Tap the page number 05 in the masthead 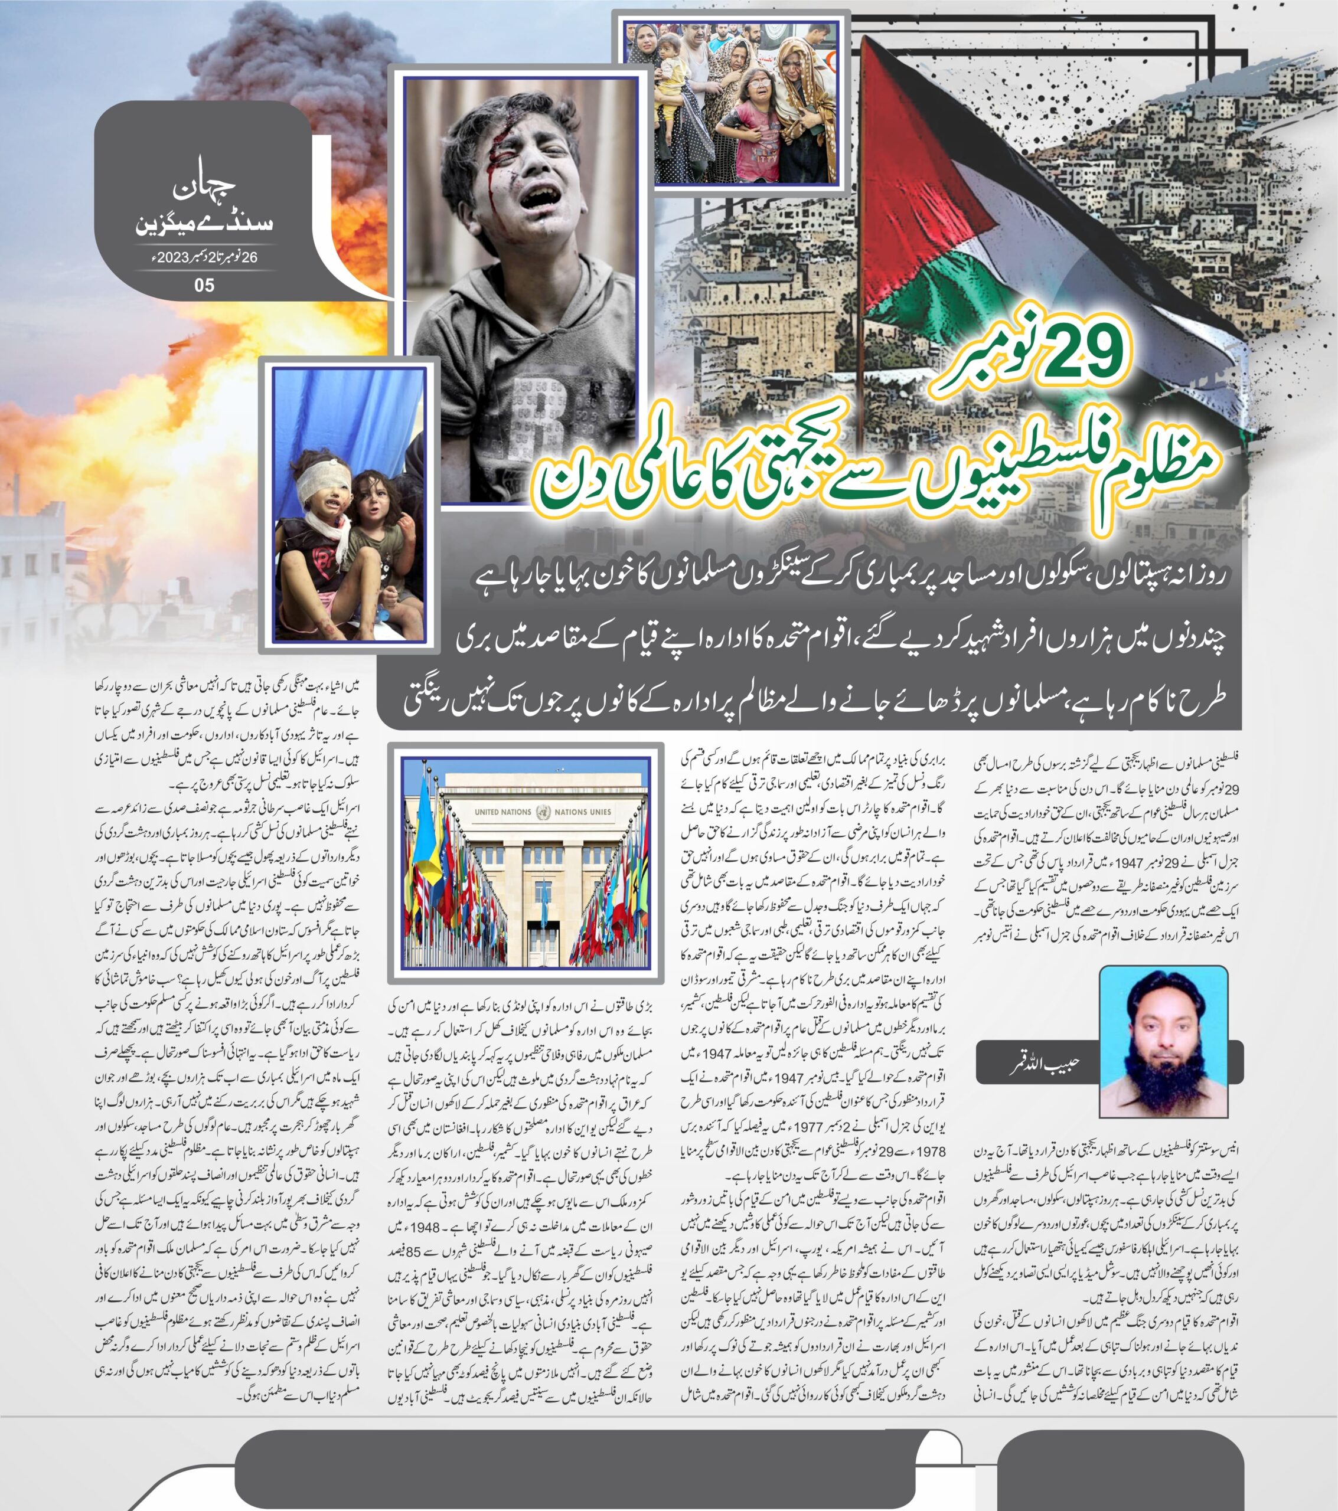(x=204, y=284)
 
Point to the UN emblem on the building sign (x=544, y=811)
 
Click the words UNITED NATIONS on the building (x=503, y=812)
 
